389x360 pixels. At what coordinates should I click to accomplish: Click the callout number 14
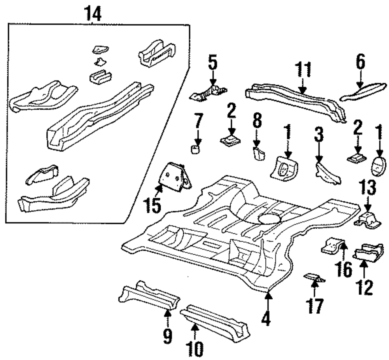click(x=93, y=14)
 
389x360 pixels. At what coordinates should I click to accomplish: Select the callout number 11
click(x=303, y=70)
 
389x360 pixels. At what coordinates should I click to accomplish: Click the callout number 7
click(x=198, y=121)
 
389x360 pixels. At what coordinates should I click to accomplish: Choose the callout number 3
click(x=319, y=134)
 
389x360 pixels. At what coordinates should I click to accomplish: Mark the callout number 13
click(x=368, y=188)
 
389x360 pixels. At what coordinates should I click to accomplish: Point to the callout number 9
click(x=168, y=336)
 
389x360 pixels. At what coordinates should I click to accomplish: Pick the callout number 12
click(x=365, y=288)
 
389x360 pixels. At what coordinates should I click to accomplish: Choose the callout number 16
click(x=343, y=269)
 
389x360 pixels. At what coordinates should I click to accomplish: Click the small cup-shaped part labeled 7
click(x=196, y=150)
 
